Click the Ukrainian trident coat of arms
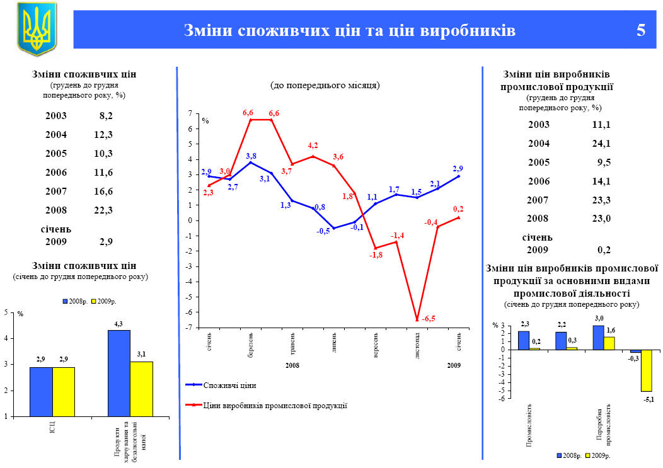(x=37, y=28)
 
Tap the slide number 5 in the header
(x=640, y=30)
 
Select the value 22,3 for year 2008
(x=103, y=210)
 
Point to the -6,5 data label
(x=429, y=319)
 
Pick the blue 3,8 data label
(x=251, y=156)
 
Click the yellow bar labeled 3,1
(x=141, y=389)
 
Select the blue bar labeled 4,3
(x=118, y=373)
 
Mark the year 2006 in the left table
(x=55, y=172)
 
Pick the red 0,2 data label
(x=458, y=208)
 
